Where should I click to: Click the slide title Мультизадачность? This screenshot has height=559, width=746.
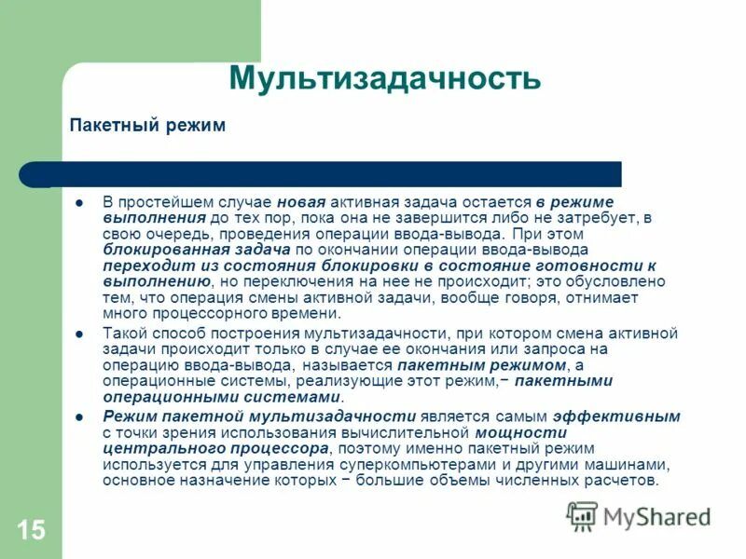[384, 77]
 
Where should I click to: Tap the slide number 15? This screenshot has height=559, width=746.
[30, 531]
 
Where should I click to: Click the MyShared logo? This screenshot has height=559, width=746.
[639, 515]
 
